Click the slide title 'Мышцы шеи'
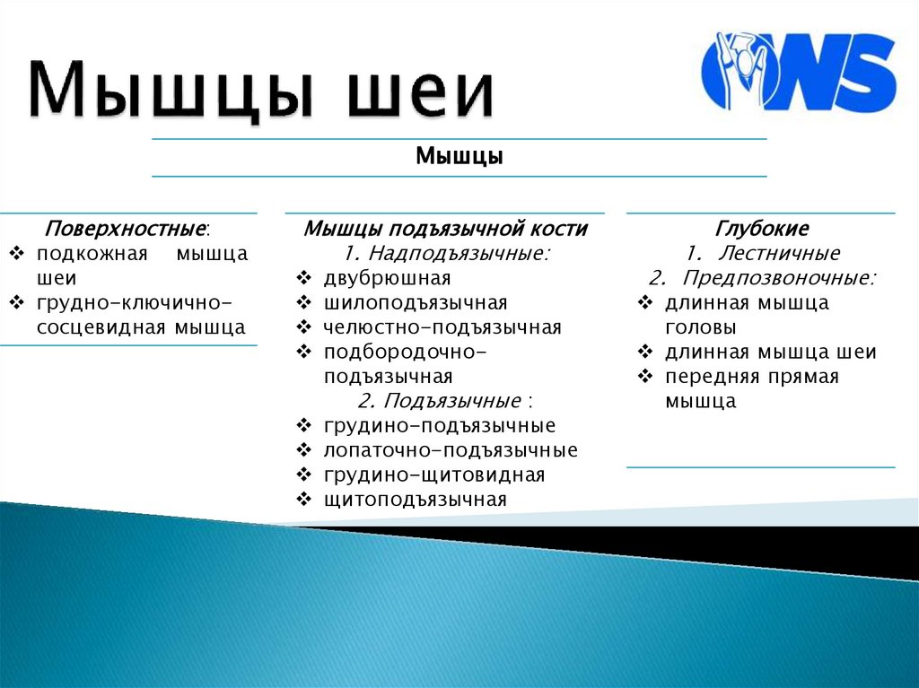[x=261, y=91]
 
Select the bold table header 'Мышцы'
[x=459, y=157]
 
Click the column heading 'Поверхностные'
[x=127, y=229]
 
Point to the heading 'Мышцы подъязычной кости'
[x=445, y=229]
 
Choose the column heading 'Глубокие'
[x=761, y=229]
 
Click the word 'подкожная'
[x=92, y=254]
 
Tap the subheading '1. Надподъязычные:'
[x=445, y=254]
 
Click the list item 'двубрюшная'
[x=388, y=278]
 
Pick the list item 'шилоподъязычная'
[x=416, y=302]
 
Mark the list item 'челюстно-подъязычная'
[x=442, y=327]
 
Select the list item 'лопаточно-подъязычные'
[x=451, y=449]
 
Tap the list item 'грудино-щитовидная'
[x=434, y=475]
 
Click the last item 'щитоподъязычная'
[x=416, y=499]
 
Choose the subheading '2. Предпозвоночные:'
[x=762, y=277]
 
